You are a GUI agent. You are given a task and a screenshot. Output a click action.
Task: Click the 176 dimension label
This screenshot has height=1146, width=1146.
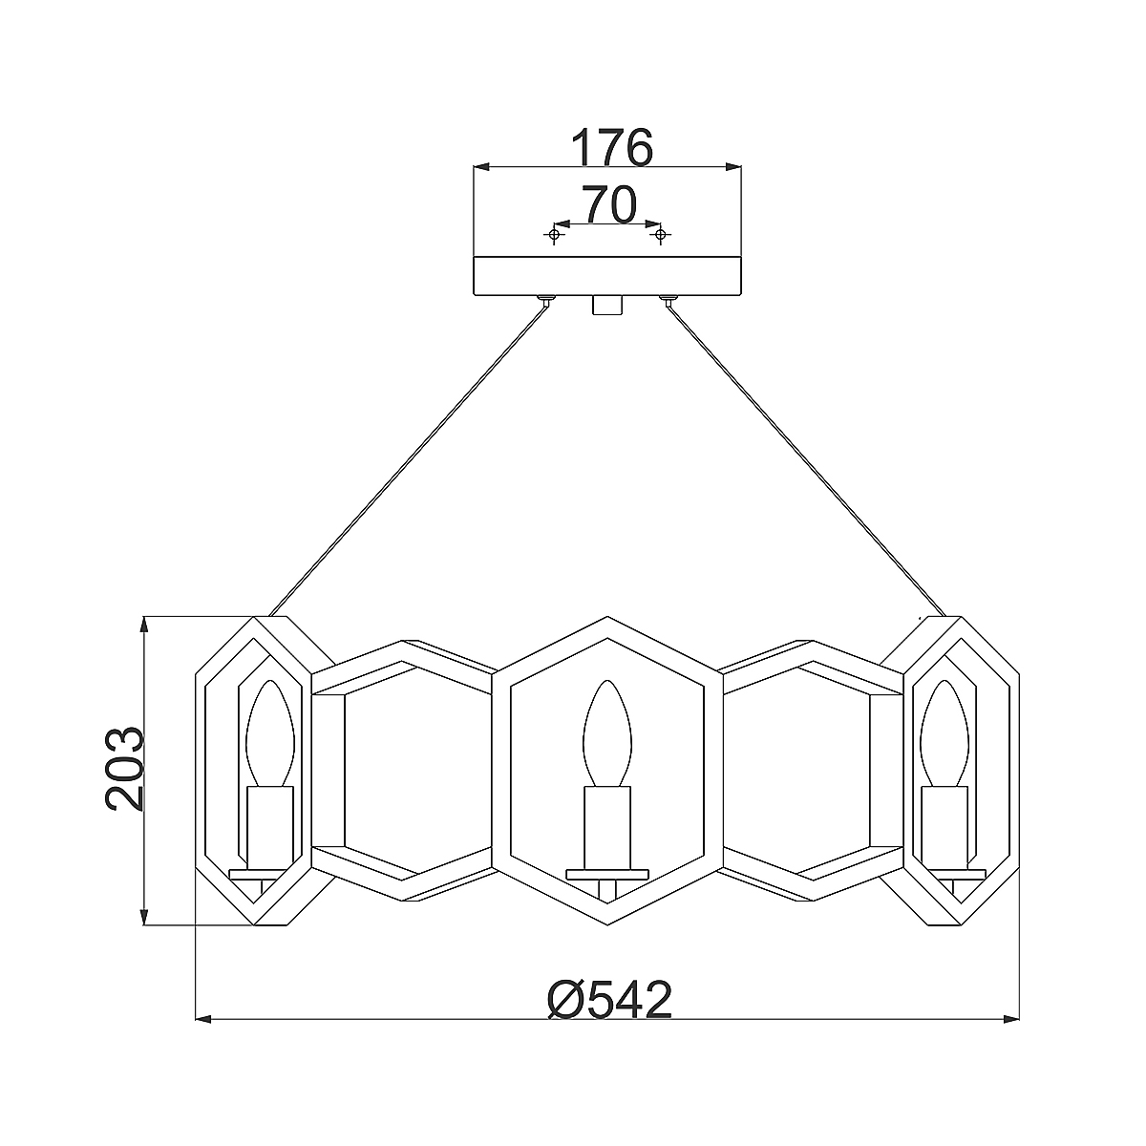(611, 147)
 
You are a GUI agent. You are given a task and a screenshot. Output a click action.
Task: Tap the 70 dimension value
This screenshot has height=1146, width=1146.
(608, 205)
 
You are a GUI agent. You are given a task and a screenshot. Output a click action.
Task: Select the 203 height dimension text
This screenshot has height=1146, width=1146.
(125, 769)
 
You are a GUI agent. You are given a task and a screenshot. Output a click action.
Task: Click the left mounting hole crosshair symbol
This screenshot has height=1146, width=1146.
(554, 235)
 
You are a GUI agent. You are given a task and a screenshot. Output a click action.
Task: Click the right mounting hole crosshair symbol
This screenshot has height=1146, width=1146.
(660, 235)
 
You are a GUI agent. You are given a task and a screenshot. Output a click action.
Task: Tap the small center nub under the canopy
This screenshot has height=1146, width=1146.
(607, 305)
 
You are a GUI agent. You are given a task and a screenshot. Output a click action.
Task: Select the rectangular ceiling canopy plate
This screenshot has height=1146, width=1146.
(607, 276)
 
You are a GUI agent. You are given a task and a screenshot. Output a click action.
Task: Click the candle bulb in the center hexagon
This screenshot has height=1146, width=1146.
(607, 733)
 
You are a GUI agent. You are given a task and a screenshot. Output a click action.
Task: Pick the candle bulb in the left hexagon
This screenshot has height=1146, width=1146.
(270, 733)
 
